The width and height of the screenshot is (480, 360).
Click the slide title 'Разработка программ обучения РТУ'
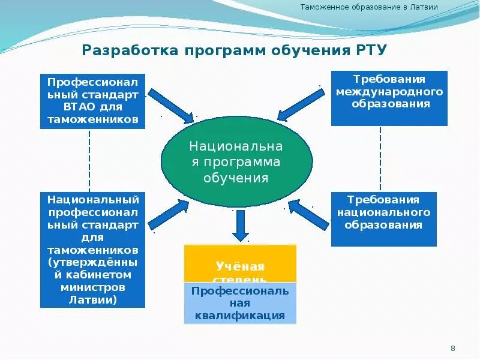coord(234,49)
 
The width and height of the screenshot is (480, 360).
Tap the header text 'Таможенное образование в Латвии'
coord(368,8)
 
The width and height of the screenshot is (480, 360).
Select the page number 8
coord(453,349)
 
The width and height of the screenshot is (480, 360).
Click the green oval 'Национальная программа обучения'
coord(236,162)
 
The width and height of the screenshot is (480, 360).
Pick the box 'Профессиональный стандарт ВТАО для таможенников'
coord(93,101)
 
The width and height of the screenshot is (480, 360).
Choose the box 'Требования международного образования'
coord(389,98)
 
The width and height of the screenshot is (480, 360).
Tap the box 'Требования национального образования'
coord(383,219)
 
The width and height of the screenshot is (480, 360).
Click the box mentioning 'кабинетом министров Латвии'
coord(93,250)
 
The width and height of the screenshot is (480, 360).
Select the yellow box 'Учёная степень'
coord(240,264)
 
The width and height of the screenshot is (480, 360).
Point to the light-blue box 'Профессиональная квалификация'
coord(240,303)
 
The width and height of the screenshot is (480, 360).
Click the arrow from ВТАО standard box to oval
coord(170,104)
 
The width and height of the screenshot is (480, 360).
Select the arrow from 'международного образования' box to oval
coord(301,104)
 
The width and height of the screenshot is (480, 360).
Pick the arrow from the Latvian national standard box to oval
coord(170,214)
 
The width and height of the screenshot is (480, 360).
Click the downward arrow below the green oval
coord(241,227)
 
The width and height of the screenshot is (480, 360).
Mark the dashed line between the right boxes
coord(380,159)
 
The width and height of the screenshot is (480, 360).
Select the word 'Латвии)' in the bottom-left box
coord(93,299)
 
